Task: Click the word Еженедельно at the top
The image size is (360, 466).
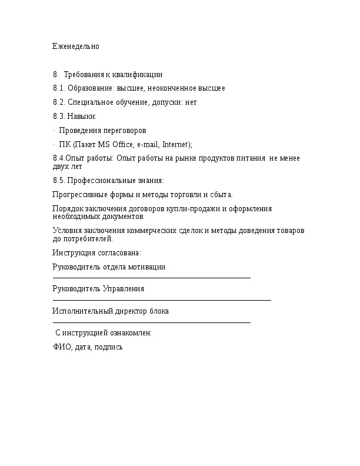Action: click(76, 46)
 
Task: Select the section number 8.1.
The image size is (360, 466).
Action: click(59, 88)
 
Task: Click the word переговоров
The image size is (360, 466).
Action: click(124, 130)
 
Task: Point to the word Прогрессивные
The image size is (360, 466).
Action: click(79, 195)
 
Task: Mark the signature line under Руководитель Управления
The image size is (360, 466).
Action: click(162, 300)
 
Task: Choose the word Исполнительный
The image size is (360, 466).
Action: click(79, 311)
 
